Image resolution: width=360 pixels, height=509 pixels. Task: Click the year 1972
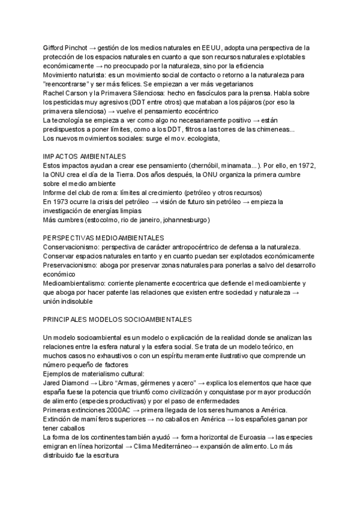(x=305, y=165)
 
